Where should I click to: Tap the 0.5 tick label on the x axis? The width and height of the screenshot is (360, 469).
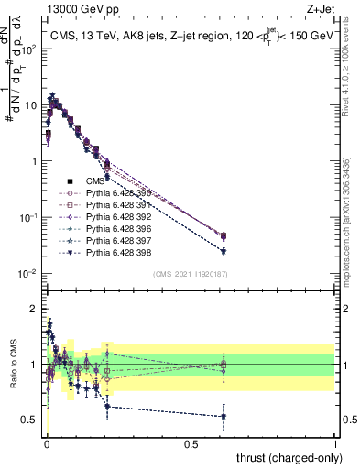tap(191, 445)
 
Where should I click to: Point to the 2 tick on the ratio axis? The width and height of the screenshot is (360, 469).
tap(34, 309)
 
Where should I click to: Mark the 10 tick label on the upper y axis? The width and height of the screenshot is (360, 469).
tap(30, 105)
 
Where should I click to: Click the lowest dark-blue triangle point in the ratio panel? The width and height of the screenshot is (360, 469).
tap(224, 416)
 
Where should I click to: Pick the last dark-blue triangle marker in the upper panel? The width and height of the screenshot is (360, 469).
tap(224, 251)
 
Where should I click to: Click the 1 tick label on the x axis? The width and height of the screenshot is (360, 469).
tap(335, 445)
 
